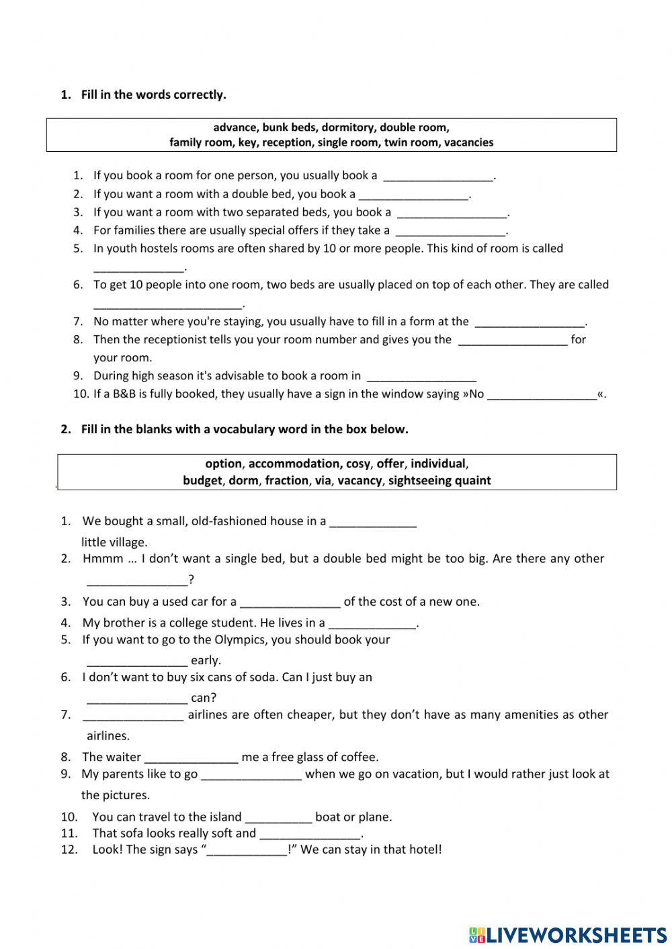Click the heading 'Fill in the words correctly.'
(x=153, y=95)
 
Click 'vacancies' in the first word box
(x=468, y=142)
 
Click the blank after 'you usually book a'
(x=438, y=177)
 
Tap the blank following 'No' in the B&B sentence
(x=542, y=395)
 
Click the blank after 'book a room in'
(x=421, y=377)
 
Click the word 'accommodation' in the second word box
(x=294, y=463)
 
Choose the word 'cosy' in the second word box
(x=358, y=463)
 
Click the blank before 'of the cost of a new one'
(x=290, y=602)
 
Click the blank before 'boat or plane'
(x=278, y=818)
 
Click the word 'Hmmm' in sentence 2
(x=103, y=558)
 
